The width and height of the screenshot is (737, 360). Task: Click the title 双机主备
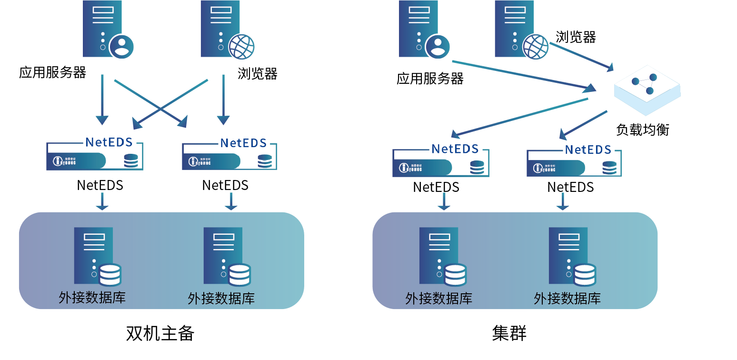pyautogui.click(x=160, y=333)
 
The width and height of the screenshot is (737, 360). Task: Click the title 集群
pyautogui.click(x=509, y=333)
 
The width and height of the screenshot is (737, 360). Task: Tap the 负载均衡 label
pyautogui.click(x=642, y=130)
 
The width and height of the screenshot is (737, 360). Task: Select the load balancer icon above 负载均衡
pyautogui.click(x=647, y=90)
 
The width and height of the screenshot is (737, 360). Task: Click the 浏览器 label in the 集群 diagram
pyautogui.click(x=576, y=37)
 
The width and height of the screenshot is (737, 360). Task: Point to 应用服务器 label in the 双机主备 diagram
pyautogui.click(x=52, y=73)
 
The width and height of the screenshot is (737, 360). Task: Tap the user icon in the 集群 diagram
pyautogui.click(x=438, y=47)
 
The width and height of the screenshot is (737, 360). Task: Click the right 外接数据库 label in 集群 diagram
pyautogui.click(x=567, y=299)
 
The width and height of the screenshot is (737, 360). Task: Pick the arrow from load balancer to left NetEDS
pyautogui.click(x=519, y=117)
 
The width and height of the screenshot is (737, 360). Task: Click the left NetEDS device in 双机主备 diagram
pyautogui.click(x=94, y=156)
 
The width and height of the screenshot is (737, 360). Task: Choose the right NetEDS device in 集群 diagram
pyautogui.click(x=574, y=163)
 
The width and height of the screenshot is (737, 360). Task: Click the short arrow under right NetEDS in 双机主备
pyautogui.click(x=231, y=202)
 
